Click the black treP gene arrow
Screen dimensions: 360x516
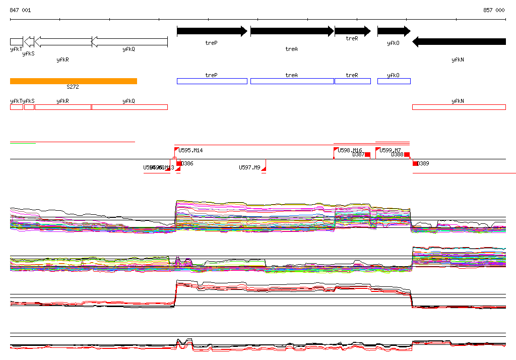(x=212, y=31)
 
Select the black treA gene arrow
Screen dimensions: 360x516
(x=292, y=31)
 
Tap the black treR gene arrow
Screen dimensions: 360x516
(x=352, y=31)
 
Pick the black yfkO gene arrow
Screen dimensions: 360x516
(x=394, y=31)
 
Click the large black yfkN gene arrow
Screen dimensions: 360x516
(x=459, y=42)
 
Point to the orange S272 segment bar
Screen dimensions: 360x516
(x=74, y=81)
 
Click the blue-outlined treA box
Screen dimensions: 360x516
(x=292, y=81)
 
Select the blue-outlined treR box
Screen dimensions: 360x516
(x=352, y=81)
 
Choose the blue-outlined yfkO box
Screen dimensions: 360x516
(x=394, y=81)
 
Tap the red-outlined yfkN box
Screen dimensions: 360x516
(x=459, y=107)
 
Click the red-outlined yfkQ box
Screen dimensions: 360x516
(x=130, y=107)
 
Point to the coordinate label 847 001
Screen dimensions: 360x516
(x=20, y=10)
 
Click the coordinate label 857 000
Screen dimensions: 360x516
(x=494, y=10)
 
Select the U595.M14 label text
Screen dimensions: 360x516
(x=191, y=150)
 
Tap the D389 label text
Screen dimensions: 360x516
(x=423, y=163)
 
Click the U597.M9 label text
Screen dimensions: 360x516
(x=249, y=167)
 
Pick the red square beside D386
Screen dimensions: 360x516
(x=179, y=163)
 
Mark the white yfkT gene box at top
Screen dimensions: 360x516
(x=16, y=41)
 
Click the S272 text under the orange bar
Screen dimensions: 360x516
(x=73, y=87)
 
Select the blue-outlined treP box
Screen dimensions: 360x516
(x=212, y=81)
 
